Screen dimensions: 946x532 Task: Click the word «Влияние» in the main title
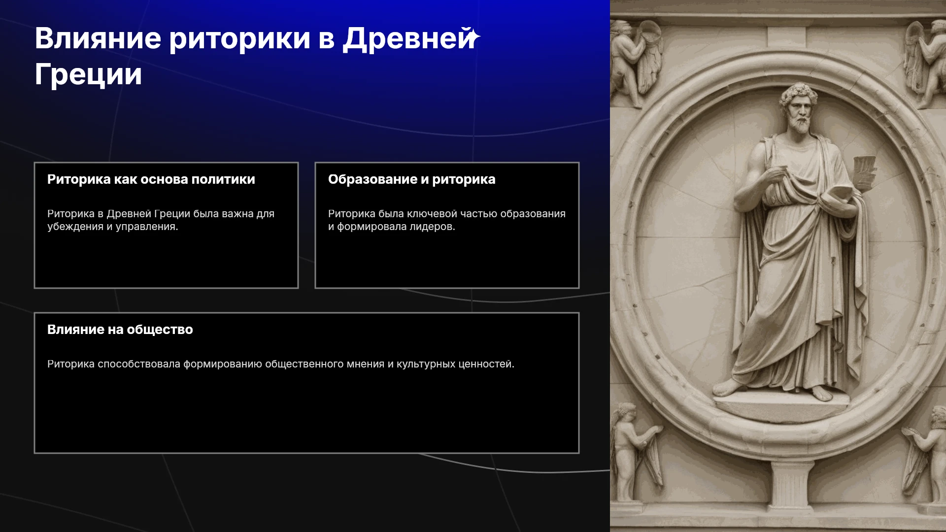point(98,38)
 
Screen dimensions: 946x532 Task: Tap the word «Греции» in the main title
point(89,75)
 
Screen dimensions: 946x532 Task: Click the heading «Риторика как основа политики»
point(151,179)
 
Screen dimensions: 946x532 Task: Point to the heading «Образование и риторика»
point(412,179)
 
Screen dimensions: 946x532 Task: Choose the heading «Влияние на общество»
point(120,330)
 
